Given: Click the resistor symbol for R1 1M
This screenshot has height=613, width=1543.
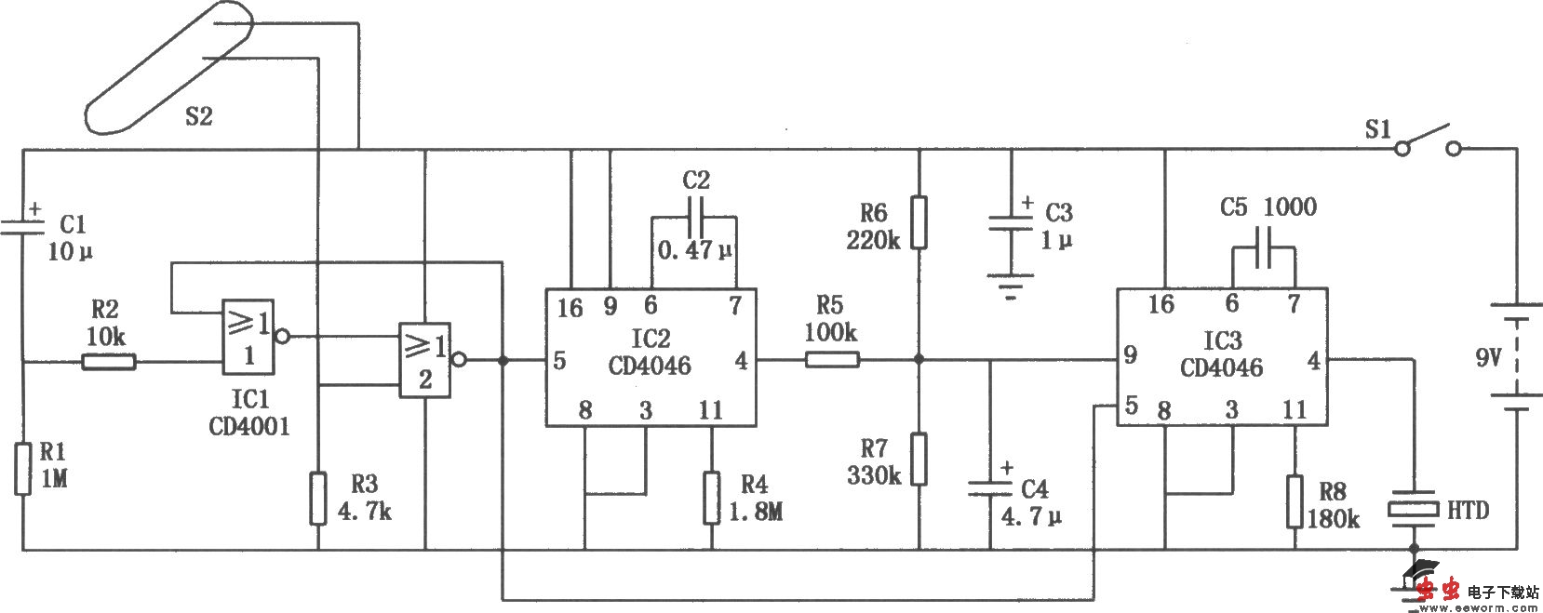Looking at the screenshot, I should [22, 469].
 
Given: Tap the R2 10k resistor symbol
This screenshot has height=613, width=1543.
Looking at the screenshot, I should [109, 362].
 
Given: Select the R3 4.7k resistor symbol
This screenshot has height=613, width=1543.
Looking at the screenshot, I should [318, 498].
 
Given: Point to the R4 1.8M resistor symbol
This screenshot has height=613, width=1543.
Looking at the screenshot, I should [712, 498].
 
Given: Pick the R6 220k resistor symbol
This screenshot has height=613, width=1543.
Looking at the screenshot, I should [919, 221].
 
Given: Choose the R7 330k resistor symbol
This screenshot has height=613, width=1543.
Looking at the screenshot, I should [919, 459].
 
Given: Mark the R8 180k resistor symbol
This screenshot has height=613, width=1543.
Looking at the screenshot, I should [1295, 502].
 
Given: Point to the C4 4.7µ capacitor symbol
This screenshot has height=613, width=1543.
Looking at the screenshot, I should [990, 488].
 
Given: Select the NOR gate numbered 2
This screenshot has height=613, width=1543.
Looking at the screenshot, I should [424, 361].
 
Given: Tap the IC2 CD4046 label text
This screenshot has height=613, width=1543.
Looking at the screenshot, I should [650, 353].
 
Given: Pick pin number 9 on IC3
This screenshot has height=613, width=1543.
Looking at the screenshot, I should [1130, 354].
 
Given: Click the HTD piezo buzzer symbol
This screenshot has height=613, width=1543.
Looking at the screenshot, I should [1414, 509].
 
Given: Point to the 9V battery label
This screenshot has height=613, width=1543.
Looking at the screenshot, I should [1490, 356].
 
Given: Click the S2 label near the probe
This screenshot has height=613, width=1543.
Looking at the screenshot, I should [198, 116].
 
